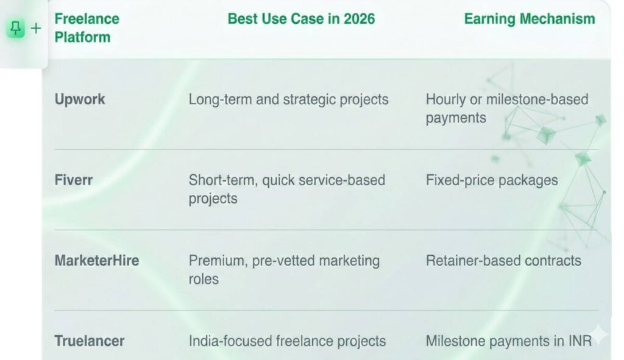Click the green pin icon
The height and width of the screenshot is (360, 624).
(16, 28)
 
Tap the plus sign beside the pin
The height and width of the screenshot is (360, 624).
(35, 28)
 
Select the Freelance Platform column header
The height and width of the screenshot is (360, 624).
(87, 27)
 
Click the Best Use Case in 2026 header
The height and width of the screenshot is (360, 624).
(301, 18)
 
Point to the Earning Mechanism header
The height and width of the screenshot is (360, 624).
(529, 18)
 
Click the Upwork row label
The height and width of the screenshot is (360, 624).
(80, 99)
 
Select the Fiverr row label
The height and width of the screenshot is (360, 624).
(74, 180)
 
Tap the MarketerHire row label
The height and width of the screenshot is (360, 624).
(97, 261)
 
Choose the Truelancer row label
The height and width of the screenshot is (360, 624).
(90, 341)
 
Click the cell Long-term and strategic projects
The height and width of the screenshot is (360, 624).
(288, 99)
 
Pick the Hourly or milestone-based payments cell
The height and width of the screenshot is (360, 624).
(506, 108)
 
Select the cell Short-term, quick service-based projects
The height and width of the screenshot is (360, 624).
(286, 189)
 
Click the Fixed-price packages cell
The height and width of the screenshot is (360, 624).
(491, 180)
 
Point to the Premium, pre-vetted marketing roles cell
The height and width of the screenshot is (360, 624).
(284, 269)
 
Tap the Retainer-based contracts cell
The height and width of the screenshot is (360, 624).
(503, 261)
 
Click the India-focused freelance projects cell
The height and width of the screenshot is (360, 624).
(287, 341)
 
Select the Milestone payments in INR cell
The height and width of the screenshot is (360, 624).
(508, 341)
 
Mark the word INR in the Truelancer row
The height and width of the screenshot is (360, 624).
(579, 341)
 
